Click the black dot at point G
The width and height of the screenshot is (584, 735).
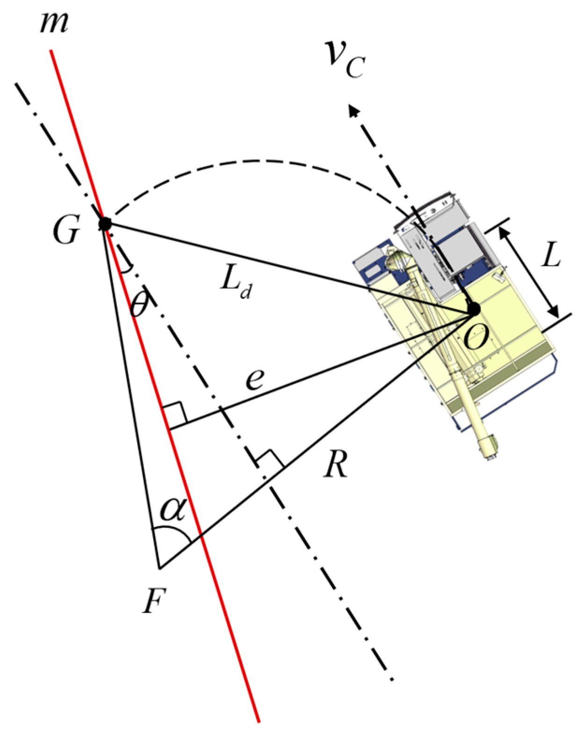pyautogui.click(x=105, y=223)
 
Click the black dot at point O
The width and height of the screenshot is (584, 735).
pyautogui.click(x=474, y=309)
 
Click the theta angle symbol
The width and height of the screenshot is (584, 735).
pyautogui.click(x=138, y=306)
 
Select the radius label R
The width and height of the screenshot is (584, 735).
pyautogui.click(x=336, y=465)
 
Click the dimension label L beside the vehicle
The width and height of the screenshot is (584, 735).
pyautogui.click(x=551, y=256)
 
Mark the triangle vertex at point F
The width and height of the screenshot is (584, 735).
pyautogui.click(x=159, y=568)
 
